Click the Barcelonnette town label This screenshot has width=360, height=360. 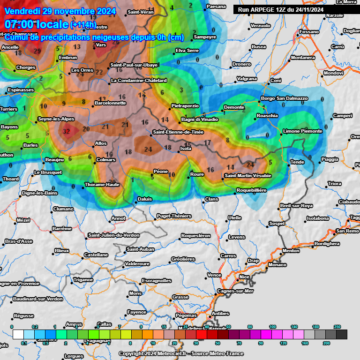(110, 103)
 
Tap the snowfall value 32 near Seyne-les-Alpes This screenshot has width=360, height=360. (66, 132)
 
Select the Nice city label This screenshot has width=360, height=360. (244, 277)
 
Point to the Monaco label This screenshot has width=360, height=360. (277, 265)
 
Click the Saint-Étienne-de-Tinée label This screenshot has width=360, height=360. (178, 132)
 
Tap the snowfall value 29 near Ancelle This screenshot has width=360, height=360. (37, 51)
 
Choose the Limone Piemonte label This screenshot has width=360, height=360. (303, 131)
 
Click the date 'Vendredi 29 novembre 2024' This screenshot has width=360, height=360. (60, 10)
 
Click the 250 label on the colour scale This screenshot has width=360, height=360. (337, 327)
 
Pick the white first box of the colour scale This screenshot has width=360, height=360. (18, 334)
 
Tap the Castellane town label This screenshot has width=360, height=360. (96, 255)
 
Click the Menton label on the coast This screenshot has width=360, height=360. (291, 251)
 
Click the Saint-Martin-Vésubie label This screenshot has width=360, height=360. (247, 175)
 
